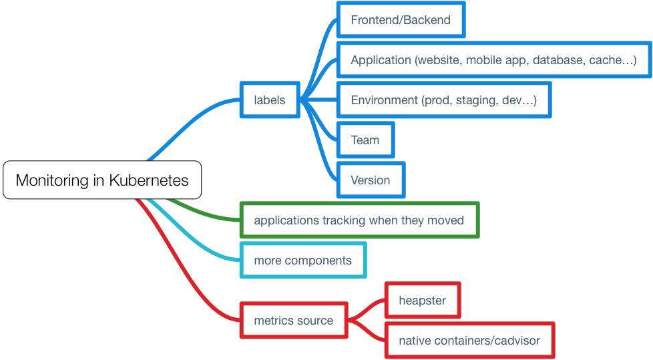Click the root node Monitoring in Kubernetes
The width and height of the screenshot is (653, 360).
pos(102,180)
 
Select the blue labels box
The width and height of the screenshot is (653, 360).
pos(270,100)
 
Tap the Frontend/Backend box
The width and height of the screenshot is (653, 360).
pos(401,20)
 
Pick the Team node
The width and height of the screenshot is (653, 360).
pos(365,140)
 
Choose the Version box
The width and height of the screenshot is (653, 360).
pos(371,180)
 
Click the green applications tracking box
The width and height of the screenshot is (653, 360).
pos(359,220)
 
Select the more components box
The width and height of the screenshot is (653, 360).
pos(303,260)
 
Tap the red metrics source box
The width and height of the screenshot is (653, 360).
pos(294,321)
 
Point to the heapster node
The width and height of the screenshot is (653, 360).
pos(423,301)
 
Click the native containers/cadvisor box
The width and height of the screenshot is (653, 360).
pos(469,341)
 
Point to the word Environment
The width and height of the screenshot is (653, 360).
pos(384,100)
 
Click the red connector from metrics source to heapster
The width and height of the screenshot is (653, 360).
pos(367,308)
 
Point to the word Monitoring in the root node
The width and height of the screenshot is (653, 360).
pos(51,180)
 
